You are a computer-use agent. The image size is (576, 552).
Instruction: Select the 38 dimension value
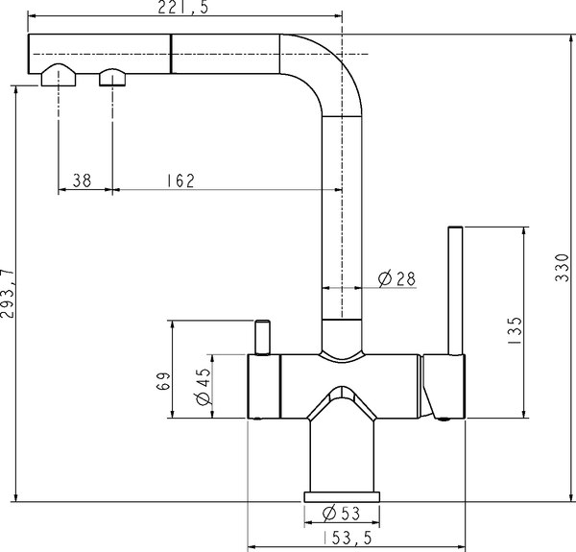point(83,180)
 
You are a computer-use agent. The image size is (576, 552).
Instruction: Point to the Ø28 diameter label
point(396,278)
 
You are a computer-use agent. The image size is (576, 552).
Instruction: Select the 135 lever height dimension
point(515,330)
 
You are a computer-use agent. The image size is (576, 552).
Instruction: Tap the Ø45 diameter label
point(202,387)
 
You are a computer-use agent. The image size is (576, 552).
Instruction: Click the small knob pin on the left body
point(259,338)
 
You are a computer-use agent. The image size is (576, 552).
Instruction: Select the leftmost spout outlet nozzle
point(60,76)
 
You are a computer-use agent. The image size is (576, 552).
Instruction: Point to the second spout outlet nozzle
point(112,77)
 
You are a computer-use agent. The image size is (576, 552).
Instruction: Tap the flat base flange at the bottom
point(343,496)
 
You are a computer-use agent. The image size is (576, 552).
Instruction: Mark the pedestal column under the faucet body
point(343,456)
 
